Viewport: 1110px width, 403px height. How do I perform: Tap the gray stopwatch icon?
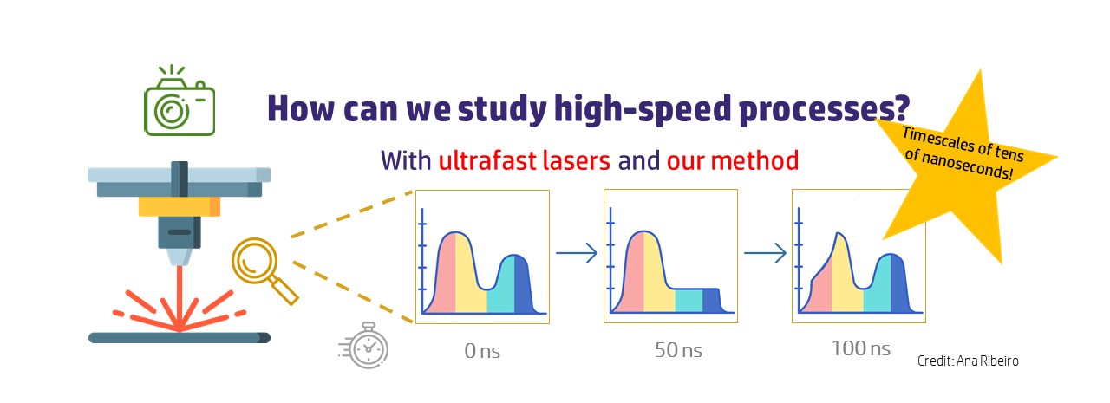364,346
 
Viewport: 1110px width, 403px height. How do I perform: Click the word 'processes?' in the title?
824,109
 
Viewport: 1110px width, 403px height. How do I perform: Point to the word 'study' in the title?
502,109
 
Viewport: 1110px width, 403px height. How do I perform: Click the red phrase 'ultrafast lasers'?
525,160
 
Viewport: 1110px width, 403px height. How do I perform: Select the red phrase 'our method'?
733,160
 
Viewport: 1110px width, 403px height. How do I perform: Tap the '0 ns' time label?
482,351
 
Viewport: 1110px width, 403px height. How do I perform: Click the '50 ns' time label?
678,350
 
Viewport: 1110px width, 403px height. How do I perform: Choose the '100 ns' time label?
861,348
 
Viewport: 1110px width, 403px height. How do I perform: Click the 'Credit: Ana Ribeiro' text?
968,361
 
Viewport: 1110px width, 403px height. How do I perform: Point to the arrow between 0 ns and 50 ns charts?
577,253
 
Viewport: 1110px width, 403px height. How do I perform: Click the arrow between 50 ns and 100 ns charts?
765,253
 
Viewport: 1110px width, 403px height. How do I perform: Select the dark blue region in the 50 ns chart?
712,300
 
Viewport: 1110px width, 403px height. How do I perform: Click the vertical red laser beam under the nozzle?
180,296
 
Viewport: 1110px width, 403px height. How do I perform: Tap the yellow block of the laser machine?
179,206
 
